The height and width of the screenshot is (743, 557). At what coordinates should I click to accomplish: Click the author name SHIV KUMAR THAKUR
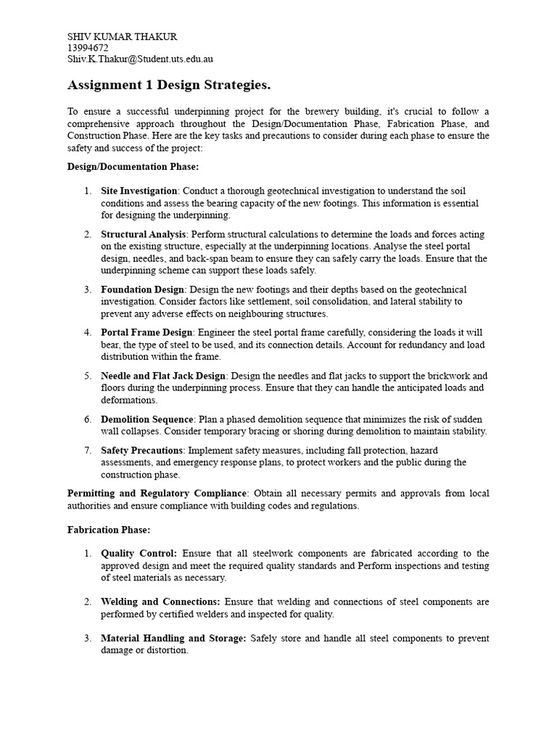(x=122, y=36)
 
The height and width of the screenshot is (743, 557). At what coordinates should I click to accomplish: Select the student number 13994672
(x=88, y=48)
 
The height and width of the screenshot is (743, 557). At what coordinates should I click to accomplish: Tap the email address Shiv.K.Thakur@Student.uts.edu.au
(x=140, y=59)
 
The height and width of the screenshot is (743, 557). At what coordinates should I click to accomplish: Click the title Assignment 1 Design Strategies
(x=168, y=86)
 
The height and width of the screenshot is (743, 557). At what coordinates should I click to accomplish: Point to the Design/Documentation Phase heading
(x=122, y=167)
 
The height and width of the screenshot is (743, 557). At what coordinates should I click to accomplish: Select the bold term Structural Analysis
(x=144, y=234)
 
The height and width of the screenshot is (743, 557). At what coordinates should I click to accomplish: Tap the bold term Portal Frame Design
(x=146, y=332)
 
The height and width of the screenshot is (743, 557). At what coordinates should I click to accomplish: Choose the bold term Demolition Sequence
(x=147, y=419)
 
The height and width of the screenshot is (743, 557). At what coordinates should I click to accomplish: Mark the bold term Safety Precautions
(x=141, y=451)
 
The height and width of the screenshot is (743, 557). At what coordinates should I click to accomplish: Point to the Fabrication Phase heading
(x=108, y=530)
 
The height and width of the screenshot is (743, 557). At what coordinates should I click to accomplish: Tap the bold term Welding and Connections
(x=160, y=602)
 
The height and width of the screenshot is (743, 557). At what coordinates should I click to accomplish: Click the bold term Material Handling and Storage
(x=173, y=639)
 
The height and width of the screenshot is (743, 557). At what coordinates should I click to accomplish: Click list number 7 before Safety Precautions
(x=87, y=451)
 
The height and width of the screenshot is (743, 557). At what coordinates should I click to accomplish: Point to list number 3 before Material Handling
(x=87, y=639)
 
